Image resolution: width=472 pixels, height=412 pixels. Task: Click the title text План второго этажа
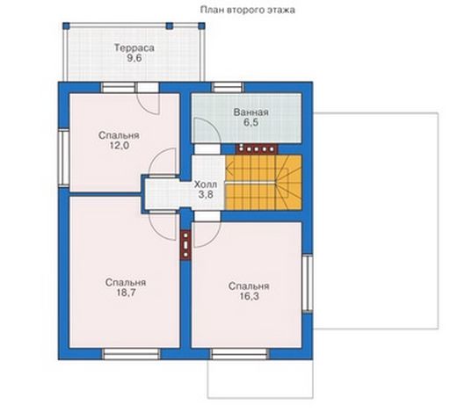coord(248,10)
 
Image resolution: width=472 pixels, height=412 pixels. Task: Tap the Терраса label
coord(134,47)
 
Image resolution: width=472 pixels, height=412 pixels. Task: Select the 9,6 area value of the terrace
coord(134,58)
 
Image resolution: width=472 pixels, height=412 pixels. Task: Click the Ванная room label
coord(251,112)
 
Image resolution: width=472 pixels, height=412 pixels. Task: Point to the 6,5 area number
coord(251,123)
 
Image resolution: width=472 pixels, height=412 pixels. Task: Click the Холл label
coord(206,184)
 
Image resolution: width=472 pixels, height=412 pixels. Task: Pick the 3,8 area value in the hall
coord(206,194)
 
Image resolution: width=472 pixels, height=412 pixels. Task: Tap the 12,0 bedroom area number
coord(119,146)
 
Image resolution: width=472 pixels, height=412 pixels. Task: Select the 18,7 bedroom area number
coord(126,293)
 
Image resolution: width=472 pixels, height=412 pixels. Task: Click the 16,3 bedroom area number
coord(249,296)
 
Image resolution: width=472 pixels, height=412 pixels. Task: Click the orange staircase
coord(264,183)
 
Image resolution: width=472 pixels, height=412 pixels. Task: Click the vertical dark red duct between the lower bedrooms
coord(186,244)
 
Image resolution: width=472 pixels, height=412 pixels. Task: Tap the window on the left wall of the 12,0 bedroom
coord(64,158)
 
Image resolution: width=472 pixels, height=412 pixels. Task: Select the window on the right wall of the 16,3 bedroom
coord(308,284)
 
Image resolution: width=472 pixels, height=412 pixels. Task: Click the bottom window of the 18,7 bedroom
coord(132,354)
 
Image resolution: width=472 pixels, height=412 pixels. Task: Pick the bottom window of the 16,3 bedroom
coord(240,354)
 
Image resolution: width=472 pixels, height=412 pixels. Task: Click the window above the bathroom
coord(228,87)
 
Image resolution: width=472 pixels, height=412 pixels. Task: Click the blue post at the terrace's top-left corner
coord(66,25)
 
